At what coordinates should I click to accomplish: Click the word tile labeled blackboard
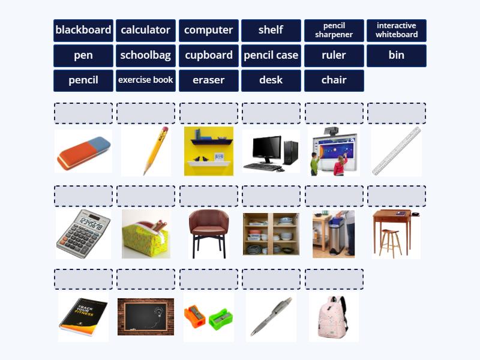tap(83, 31)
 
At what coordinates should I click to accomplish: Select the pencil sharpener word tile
tap(334, 31)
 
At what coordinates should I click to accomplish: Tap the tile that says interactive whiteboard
tap(397, 31)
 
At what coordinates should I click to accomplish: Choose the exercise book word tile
tap(146, 80)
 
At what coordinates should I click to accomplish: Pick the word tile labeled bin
tap(397, 55)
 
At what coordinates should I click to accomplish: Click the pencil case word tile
tap(271, 55)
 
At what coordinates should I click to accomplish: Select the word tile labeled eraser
tap(208, 80)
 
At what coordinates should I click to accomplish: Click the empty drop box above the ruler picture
tap(397, 113)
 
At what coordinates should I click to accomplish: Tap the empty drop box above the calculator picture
tap(83, 196)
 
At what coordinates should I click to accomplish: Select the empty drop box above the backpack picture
tap(334, 279)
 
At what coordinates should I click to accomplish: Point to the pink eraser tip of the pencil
tap(165, 130)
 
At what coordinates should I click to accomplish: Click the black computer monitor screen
tap(266, 148)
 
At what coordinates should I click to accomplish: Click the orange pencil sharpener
tap(194, 316)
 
